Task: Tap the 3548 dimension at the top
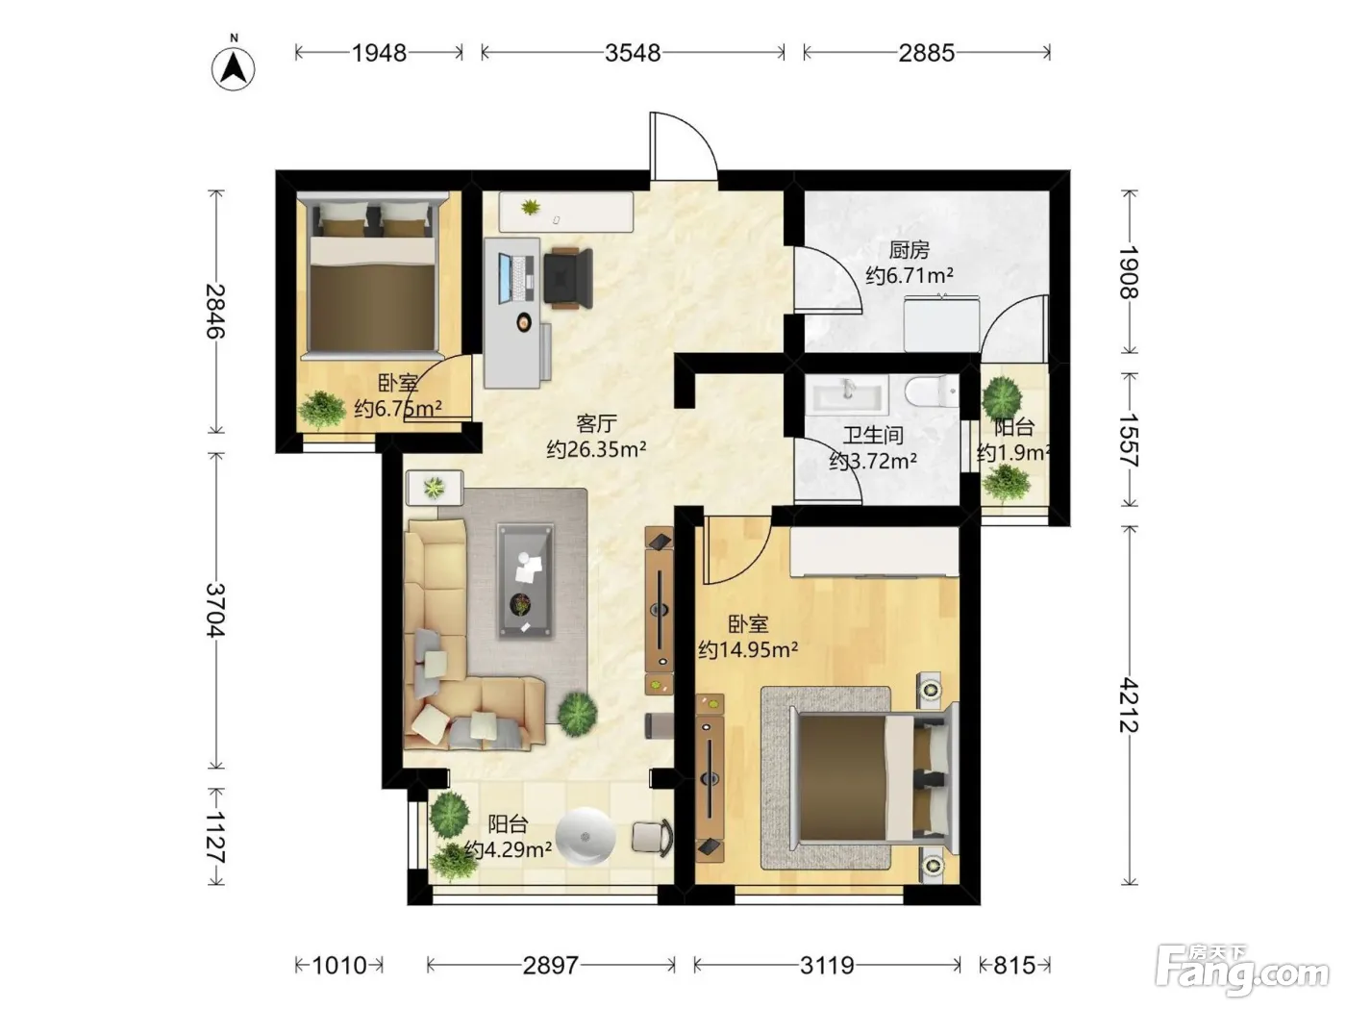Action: (x=633, y=53)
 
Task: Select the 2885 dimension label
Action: (x=927, y=53)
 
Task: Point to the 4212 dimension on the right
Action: (x=1129, y=705)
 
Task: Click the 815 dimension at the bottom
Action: (x=1015, y=966)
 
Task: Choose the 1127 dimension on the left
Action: (x=216, y=837)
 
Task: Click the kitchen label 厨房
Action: (x=910, y=250)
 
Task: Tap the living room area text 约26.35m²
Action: (x=597, y=449)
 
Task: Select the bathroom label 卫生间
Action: (x=874, y=436)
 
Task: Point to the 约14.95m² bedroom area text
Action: (x=748, y=648)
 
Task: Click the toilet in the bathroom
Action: (x=931, y=391)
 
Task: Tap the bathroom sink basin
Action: (x=849, y=394)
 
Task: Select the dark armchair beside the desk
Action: (x=568, y=278)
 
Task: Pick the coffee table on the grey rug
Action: (x=525, y=581)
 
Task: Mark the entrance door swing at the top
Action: (x=684, y=146)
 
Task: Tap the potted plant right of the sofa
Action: (x=577, y=713)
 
